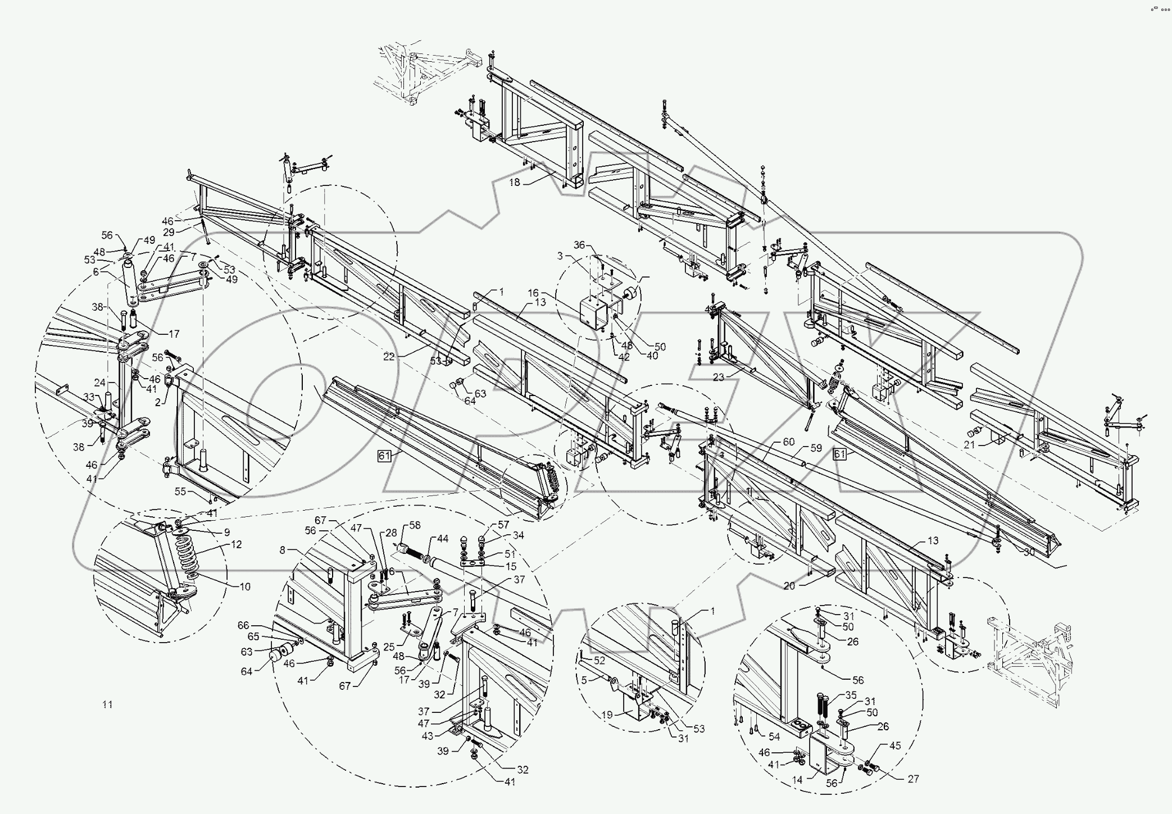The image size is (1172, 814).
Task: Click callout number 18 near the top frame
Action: [x=515, y=182]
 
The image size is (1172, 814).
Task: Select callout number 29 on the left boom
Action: [x=169, y=231]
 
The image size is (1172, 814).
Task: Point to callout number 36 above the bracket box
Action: [x=579, y=245]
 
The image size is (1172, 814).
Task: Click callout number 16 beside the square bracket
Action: [x=533, y=293]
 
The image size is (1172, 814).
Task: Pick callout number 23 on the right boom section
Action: [x=719, y=378]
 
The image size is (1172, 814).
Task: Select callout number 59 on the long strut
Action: [x=816, y=448]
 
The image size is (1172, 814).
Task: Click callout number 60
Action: [x=789, y=442]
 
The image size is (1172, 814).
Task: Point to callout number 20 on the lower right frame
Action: [x=789, y=585]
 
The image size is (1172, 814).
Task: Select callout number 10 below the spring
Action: [x=245, y=586]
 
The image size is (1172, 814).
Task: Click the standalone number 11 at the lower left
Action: [x=107, y=704]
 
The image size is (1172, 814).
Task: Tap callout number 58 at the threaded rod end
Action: [x=415, y=525]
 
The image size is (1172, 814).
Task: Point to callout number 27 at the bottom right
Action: [x=912, y=779]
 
